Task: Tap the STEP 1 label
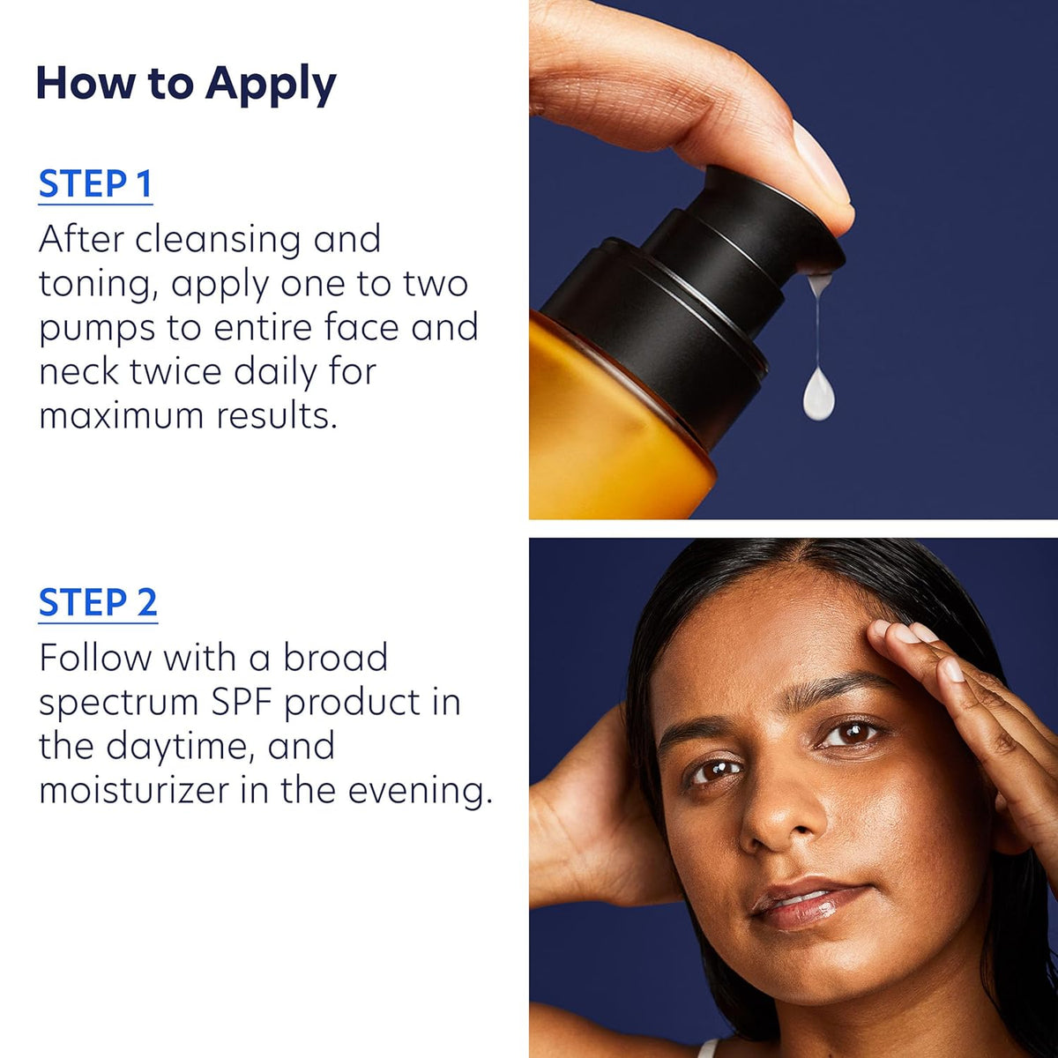click(95, 184)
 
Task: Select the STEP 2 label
click(98, 602)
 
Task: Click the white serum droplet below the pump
click(819, 393)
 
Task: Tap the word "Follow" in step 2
click(95, 657)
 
